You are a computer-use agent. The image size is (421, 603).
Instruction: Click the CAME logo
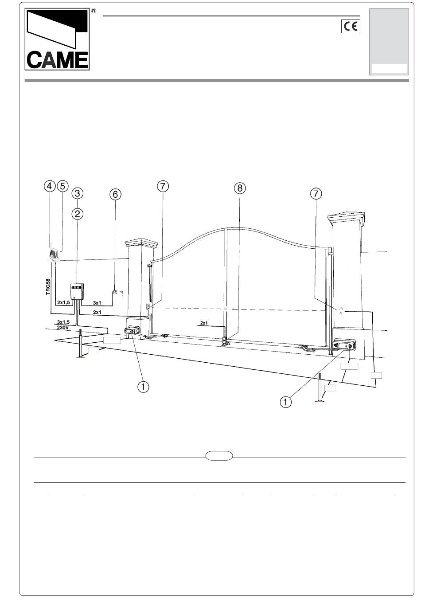pos(57,39)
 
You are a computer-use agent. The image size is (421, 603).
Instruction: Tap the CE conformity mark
pos(351,27)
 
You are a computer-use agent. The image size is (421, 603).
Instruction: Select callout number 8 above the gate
pos(240,188)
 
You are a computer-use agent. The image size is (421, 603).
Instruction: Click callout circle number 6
pos(115,194)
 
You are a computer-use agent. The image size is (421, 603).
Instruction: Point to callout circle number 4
pos(50,186)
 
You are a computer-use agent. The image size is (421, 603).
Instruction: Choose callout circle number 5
pos(62,186)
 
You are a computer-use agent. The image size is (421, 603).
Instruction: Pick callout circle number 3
pos(78,193)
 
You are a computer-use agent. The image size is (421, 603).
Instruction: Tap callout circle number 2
pos(78,214)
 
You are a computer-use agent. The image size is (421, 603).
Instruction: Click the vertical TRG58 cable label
pos(48,287)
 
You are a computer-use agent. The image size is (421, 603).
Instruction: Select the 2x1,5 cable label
pos(63,302)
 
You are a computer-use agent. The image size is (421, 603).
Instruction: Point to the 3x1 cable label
pos(97,303)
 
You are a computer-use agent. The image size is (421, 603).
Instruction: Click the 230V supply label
pos(62,328)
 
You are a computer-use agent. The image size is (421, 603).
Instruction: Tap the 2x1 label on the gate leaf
pos(204,323)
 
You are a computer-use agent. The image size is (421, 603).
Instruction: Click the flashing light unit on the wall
pos(54,255)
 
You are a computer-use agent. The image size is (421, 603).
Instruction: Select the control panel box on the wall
pos(77,291)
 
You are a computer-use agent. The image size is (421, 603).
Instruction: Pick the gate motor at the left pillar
pos(132,330)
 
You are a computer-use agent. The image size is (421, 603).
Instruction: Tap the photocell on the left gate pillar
pos(148,306)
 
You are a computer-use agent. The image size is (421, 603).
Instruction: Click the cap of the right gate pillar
pos(347,219)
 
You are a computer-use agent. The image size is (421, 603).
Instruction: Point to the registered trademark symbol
pos(94,11)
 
